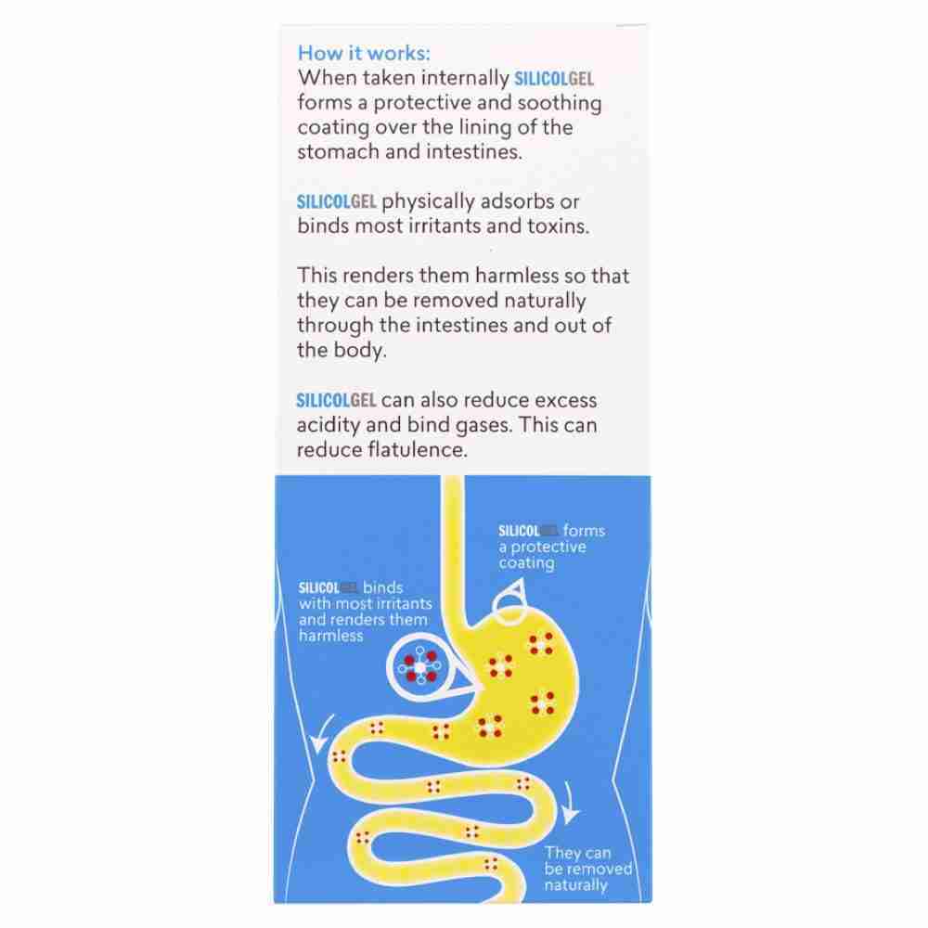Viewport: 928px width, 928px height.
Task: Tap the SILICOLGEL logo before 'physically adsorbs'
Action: click(336, 201)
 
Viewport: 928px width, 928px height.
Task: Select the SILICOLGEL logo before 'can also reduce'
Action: click(336, 401)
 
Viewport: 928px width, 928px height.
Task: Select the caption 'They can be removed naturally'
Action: click(588, 869)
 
